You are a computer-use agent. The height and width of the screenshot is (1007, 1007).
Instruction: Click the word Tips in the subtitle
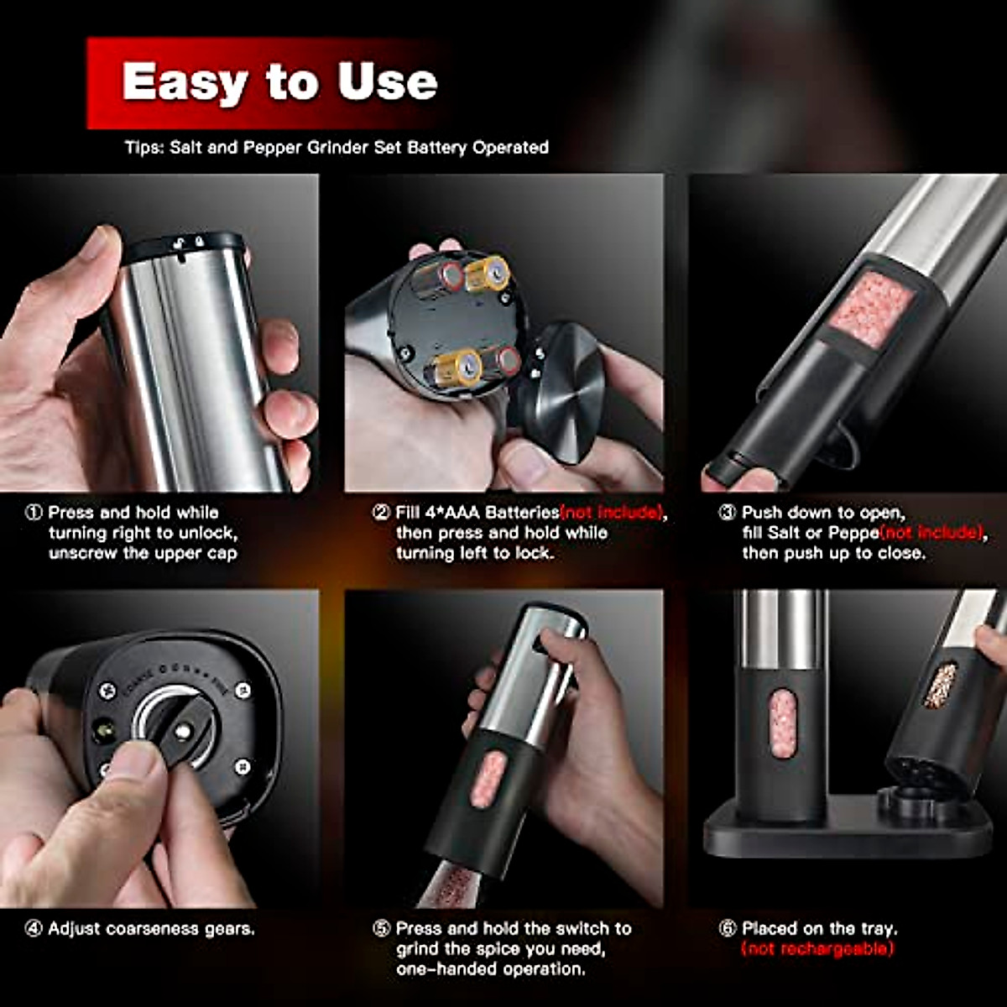point(143,148)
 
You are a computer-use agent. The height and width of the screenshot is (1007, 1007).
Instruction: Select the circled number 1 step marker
point(34,513)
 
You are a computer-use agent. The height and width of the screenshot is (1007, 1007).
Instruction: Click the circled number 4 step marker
point(34,929)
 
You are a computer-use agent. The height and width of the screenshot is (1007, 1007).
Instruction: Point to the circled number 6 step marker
point(728,929)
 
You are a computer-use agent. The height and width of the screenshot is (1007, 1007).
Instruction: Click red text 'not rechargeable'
point(817,949)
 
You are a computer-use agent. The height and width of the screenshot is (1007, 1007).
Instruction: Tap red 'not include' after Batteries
point(612,513)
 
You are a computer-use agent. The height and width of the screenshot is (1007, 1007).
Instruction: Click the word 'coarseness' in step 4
point(154,929)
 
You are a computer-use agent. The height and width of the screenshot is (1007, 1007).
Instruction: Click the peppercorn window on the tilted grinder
point(942,685)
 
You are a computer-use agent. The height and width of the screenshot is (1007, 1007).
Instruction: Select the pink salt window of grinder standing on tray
point(782,723)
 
